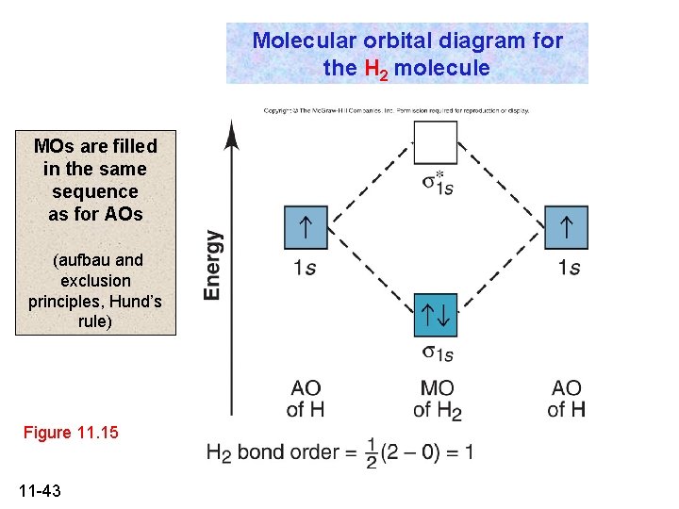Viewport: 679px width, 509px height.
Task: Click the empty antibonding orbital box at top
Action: point(435,143)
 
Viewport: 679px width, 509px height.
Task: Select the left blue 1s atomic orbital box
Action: point(306,228)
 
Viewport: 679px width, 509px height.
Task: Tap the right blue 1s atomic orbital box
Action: point(565,228)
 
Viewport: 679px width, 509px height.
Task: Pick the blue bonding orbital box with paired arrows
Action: point(435,314)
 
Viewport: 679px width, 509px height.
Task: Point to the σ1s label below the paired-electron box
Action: point(437,353)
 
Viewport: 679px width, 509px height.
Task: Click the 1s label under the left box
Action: point(305,268)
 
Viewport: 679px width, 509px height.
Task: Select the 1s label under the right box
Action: point(569,268)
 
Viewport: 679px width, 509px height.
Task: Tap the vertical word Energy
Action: point(214,266)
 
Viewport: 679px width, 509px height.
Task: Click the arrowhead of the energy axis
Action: point(233,132)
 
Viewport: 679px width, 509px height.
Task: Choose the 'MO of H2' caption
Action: point(437,399)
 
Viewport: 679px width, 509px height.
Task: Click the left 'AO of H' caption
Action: point(306,399)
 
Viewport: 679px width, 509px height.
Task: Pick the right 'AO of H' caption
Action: point(566,399)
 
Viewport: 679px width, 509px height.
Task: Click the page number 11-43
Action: point(40,490)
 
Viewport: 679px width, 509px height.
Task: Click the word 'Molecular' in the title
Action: point(297,41)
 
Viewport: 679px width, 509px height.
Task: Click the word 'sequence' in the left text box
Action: point(95,191)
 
